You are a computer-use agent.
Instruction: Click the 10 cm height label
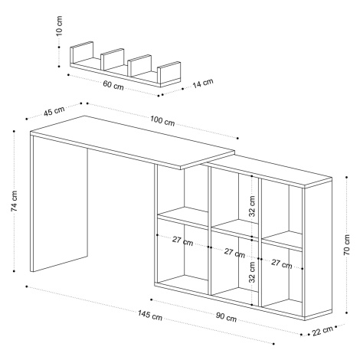pos(59,25)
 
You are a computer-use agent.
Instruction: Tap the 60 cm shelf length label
pos(113,85)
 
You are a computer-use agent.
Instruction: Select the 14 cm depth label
pos(202,83)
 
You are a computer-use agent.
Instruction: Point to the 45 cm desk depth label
pos(54,111)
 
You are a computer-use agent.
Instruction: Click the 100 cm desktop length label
pos(162,121)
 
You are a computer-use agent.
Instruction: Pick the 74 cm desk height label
pos(14,201)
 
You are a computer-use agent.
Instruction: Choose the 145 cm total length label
pos(150,315)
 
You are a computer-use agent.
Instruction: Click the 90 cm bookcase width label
pos(226,317)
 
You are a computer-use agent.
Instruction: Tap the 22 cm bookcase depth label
pos(322,331)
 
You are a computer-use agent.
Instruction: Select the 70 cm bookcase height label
pos(347,245)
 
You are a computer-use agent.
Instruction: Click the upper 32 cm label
pos(252,206)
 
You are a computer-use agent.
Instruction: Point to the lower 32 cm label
pos(252,272)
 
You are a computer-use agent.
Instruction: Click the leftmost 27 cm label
pos(182,241)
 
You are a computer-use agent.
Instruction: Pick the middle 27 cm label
pos(234,253)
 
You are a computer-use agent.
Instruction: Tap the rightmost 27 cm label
pos(282,263)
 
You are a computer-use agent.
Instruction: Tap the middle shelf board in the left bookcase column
pos(182,216)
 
